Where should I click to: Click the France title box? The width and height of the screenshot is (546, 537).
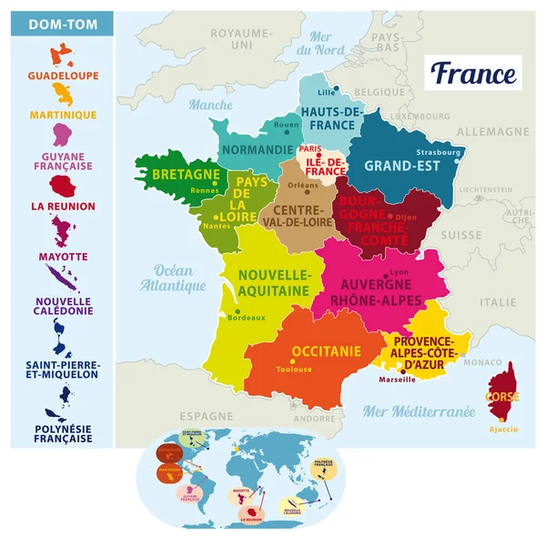473,73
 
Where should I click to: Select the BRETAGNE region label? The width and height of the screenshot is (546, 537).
186,174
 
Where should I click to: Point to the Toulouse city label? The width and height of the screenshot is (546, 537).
294,370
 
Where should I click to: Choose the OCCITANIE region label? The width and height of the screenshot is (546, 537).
325,351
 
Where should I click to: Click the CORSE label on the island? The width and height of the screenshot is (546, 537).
502,398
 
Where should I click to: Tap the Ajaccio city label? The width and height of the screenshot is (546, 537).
503,429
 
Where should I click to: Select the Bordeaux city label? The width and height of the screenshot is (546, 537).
247,318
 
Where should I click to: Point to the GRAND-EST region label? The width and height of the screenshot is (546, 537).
402,167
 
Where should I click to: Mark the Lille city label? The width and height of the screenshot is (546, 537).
327,92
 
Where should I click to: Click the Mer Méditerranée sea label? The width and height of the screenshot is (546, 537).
419,411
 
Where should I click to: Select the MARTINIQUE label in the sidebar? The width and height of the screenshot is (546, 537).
62,115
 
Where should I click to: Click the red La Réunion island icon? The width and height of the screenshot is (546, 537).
62,187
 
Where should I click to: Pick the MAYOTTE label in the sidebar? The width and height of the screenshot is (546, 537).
62,258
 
